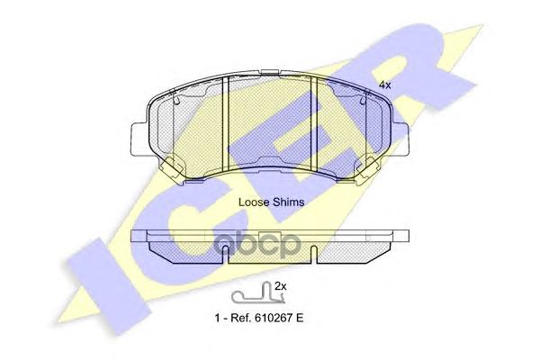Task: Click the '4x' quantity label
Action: (384, 85)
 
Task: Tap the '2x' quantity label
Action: (281, 286)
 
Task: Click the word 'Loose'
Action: (254, 202)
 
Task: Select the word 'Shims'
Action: (288, 202)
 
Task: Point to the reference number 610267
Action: (272, 318)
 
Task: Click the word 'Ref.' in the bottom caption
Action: (240, 318)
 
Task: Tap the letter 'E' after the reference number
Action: (299, 318)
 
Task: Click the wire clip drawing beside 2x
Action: (257, 294)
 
